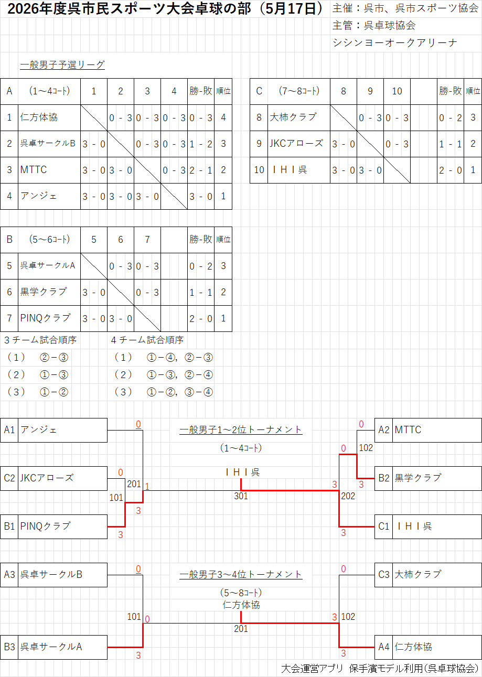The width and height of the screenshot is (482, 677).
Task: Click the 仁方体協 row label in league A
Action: coord(39,117)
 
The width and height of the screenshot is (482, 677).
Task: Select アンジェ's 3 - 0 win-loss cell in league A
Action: coord(201,197)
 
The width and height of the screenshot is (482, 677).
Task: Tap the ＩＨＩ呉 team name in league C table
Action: coord(289,170)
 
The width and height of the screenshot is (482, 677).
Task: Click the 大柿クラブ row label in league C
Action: coord(293,117)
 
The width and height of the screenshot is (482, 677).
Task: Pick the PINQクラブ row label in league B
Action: coord(45,318)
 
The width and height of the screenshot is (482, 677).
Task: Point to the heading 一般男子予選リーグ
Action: coord(62,65)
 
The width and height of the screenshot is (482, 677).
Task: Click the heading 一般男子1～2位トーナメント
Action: coord(241,429)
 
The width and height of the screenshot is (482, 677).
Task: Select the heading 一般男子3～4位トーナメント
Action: coord(241,574)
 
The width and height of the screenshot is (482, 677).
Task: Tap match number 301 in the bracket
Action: coord(241,496)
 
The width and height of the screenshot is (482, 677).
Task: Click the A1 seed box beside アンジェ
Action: coord(9,430)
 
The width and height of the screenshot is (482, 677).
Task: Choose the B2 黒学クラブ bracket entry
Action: coord(428,478)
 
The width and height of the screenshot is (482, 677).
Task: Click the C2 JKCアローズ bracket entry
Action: coord(54,478)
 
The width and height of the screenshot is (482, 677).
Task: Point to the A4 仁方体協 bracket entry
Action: coord(428,647)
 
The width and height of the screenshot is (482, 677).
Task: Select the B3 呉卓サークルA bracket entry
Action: coord(54,647)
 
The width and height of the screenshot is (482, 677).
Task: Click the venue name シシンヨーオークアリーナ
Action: coord(394,42)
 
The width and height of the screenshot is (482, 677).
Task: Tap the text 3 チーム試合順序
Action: coord(40,340)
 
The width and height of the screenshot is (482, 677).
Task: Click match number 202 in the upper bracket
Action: coord(348,496)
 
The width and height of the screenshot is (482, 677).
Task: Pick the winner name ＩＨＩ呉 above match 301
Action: coord(243,472)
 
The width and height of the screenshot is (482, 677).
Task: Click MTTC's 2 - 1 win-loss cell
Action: coord(201,170)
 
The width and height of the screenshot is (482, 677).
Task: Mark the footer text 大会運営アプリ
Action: coord(312,669)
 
